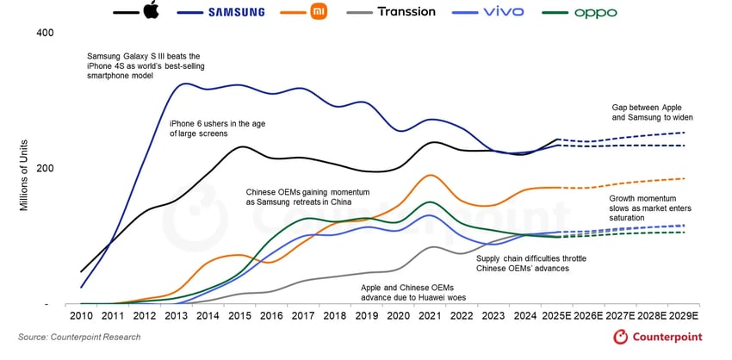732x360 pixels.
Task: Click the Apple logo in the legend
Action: pyautogui.click(x=152, y=11)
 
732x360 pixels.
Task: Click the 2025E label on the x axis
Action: pyautogui.click(x=555, y=316)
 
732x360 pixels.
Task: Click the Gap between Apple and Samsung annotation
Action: pyautogui.click(x=647, y=112)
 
